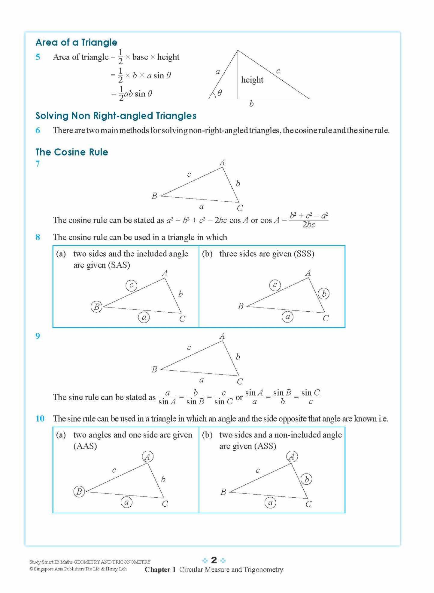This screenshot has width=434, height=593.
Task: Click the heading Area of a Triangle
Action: [76, 42]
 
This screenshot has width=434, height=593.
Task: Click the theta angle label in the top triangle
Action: [220, 93]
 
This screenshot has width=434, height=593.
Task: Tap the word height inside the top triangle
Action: [252, 80]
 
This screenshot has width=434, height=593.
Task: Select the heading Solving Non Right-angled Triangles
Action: [116, 116]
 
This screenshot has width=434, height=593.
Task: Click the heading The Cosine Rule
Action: [72, 152]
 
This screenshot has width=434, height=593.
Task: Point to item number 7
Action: [38, 164]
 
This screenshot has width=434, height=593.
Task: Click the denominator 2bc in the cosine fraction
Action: [308, 225]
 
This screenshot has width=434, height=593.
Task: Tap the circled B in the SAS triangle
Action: [96, 307]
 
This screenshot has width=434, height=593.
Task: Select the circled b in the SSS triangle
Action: [324, 294]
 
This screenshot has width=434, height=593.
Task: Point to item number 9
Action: [38, 336]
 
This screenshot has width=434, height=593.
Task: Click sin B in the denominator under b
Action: [195, 402]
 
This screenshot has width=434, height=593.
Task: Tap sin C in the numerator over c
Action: [311, 393]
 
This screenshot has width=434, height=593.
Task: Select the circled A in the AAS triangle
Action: [147, 457]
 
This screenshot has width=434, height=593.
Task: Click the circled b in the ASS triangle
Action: [306, 479]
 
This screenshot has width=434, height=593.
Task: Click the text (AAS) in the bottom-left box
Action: [85, 446]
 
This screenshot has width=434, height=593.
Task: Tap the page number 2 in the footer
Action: [214, 560]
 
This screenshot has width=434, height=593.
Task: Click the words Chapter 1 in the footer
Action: [160, 570]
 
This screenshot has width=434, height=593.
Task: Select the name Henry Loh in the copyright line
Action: [116, 569]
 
